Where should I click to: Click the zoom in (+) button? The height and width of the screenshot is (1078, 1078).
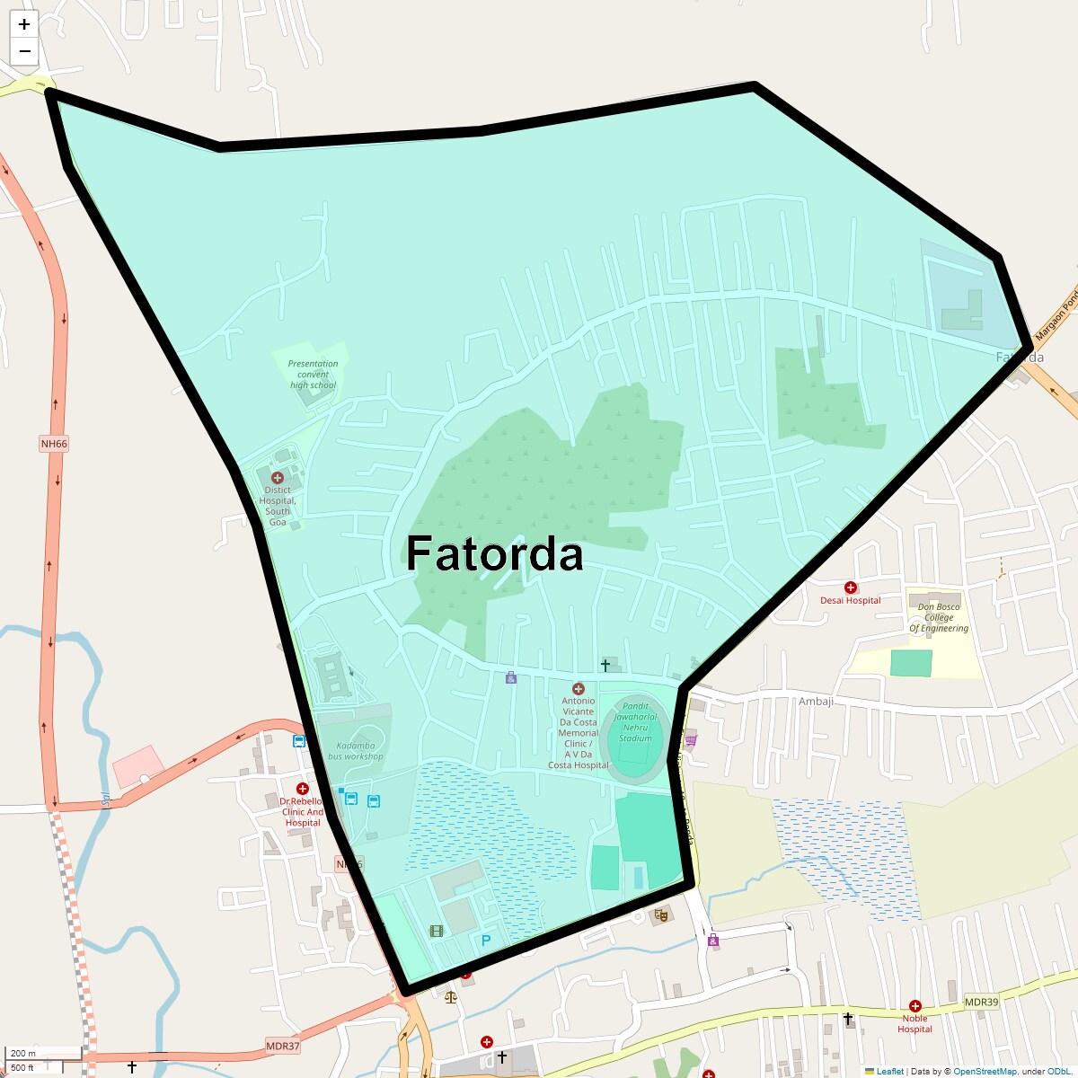click(24, 24)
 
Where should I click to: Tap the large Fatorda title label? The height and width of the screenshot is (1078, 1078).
click(494, 553)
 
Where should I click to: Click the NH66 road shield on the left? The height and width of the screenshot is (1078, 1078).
click(54, 444)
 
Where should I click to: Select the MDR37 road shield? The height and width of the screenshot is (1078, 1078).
click(282, 1047)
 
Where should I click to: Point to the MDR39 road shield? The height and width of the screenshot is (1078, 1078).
click(981, 1002)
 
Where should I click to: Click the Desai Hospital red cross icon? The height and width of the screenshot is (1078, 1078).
click(851, 588)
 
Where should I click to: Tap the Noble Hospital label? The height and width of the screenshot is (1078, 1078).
click(915, 1023)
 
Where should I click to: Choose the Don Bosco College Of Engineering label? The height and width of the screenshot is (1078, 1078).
click(939, 617)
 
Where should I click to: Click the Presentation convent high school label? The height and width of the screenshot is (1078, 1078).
click(313, 375)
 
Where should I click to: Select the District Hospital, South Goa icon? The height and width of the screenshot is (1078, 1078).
click(278, 478)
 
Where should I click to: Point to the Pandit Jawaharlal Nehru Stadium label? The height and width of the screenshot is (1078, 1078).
click(635, 722)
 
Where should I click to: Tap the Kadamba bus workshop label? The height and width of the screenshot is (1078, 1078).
click(356, 751)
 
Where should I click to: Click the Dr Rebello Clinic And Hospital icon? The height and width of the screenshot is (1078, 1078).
click(303, 789)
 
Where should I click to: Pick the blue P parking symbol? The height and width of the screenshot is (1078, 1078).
click(486, 941)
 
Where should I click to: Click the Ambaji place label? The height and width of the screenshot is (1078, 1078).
click(816, 702)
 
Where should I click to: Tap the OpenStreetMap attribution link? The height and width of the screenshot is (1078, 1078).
click(985, 1071)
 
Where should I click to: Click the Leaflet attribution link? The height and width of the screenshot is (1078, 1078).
click(889, 1071)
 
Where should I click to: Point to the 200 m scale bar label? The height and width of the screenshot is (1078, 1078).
click(24, 1053)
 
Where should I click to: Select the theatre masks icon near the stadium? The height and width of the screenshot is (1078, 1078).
click(661, 916)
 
